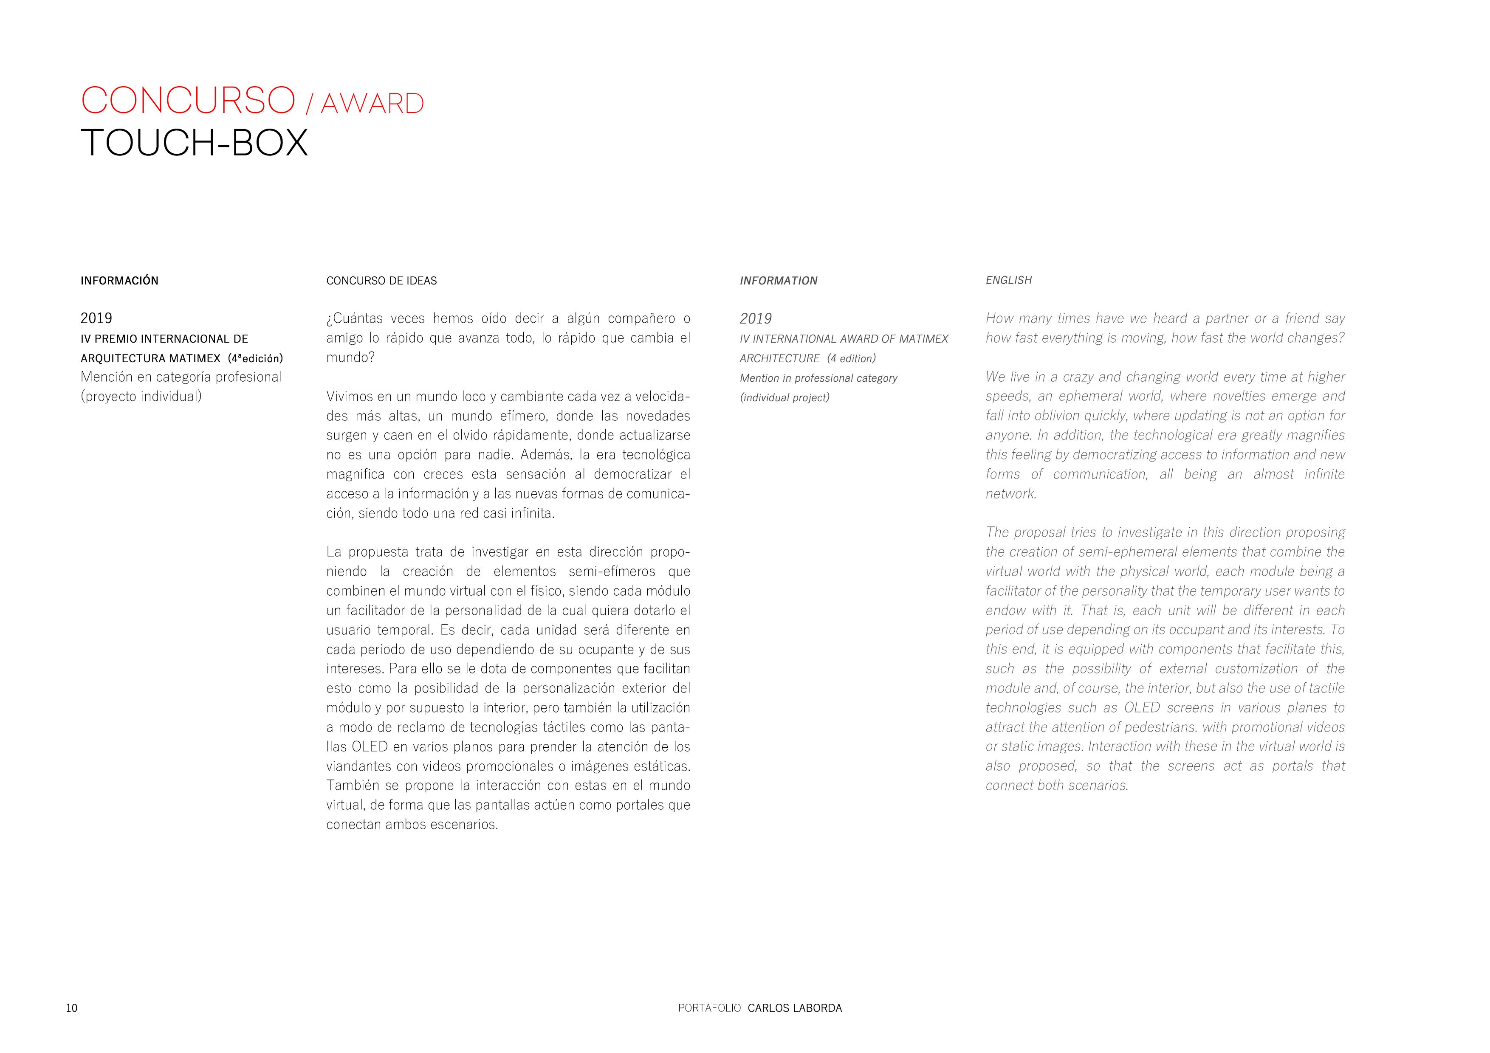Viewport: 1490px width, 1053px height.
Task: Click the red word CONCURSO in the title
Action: [188, 101]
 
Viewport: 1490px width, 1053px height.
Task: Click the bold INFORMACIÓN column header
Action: [119, 280]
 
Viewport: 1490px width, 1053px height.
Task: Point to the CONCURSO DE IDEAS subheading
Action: [381, 280]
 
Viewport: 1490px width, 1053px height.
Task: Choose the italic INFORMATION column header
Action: [778, 280]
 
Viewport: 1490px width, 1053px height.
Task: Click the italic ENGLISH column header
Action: [1008, 280]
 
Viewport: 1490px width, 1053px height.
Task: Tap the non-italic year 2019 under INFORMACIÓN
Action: [96, 318]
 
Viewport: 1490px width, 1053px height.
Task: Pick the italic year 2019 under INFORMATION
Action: [755, 318]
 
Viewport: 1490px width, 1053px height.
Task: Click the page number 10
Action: [71, 1008]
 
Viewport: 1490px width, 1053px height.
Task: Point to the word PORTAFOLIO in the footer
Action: [708, 1008]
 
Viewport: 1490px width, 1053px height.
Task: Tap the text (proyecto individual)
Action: [141, 397]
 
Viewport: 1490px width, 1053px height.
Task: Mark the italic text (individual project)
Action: [785, 397]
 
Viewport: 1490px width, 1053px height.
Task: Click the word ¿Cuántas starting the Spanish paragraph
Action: [354, 318]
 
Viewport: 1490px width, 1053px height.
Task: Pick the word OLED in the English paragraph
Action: [1142, 707]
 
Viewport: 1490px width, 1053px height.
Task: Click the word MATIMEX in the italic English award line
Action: [923, 339]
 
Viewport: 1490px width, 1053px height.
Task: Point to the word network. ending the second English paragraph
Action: [1011, 494]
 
